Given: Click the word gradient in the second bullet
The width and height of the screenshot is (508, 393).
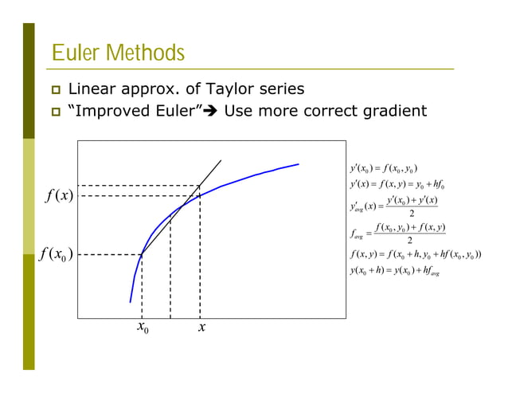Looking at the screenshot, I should click(x=390, y=110).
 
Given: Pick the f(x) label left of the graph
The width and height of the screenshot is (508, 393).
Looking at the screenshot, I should click(x=57, y=196).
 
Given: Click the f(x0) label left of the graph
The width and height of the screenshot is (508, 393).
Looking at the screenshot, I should click(x=57, y=255).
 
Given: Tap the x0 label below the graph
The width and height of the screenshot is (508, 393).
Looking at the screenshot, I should click(x=143, y=328).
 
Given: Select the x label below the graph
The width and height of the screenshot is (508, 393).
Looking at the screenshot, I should click(x=202, y=328).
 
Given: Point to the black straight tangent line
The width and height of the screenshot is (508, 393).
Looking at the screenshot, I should click(x=210, y=171).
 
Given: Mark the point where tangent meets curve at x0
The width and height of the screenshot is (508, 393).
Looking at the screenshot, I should click(x=142, y=255).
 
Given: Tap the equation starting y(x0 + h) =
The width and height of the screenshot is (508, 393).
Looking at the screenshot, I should click(x=394, y=272).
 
